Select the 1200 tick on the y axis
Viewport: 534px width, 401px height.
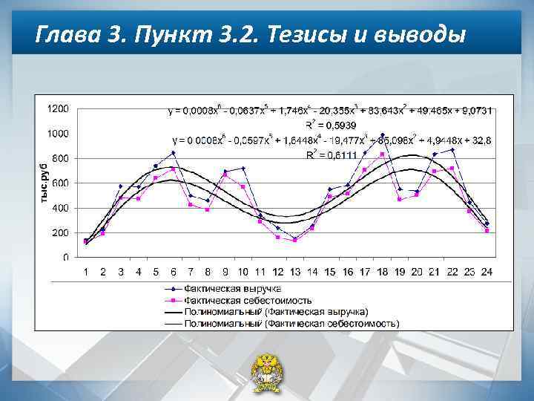[x=58, y=108]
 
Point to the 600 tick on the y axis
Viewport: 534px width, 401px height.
[x=61, y=183]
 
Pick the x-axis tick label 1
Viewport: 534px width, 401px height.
[x=85, y=272]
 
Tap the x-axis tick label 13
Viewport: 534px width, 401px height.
[x=294, y=272]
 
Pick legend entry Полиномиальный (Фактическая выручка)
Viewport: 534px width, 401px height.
[x=276, y=312]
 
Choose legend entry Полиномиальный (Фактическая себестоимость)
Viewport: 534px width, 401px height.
[x=291, y=324]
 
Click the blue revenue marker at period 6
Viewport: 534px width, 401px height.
[x=173, y=153]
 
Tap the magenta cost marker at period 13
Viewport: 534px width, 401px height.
[x=294, y=240]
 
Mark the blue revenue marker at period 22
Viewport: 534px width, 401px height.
[x=452, y=150]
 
